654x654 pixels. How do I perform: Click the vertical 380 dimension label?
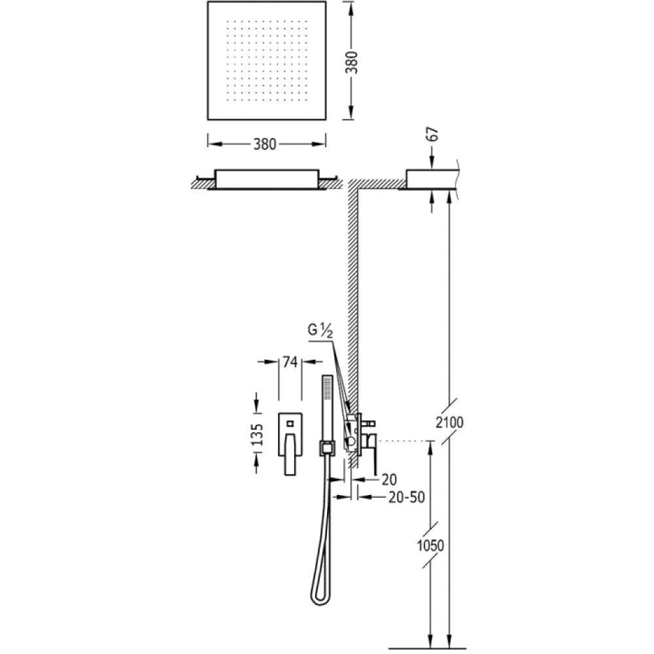point(353,62)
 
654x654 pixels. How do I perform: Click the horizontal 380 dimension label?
point(265,145)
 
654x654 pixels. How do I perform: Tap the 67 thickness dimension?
point(434,134)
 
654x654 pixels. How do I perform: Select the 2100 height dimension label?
point(449,422)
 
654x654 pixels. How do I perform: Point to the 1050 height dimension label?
point(430,545)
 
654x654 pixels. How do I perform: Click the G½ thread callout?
point(320,330)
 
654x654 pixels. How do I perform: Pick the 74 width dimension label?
point(290,362)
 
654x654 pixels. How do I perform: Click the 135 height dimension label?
point(258,435)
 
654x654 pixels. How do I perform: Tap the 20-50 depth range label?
point(406,497)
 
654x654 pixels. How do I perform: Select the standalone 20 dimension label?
point(388,480)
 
